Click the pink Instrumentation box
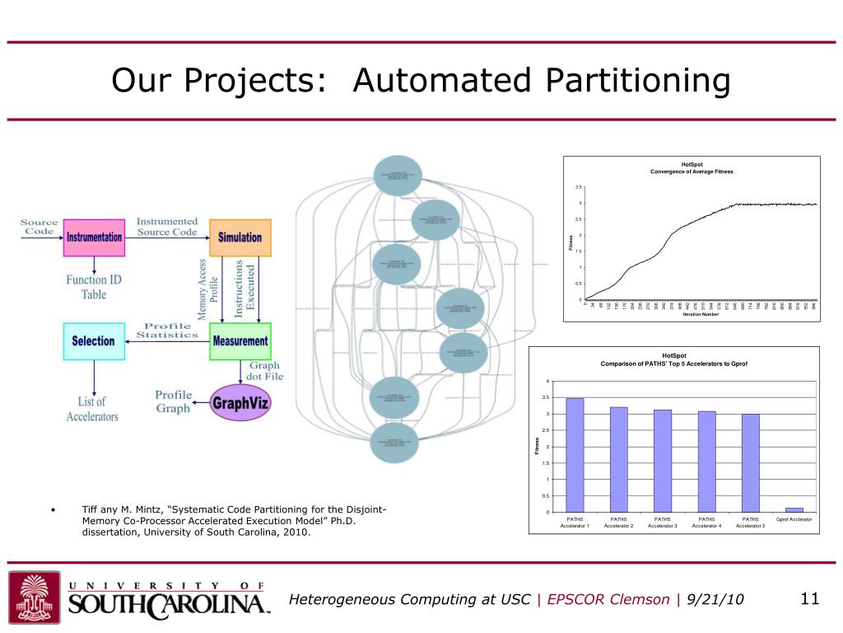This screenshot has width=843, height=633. [x=94, y=237]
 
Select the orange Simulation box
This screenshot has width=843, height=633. [x=240, y=237]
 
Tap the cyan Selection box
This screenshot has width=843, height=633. [x=94, y=340]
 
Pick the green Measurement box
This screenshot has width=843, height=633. [x=240, y=340]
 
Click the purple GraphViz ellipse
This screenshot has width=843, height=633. [x=240, y=404]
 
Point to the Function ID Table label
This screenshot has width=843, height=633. [x=94, y=287]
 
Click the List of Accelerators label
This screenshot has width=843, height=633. [x=92, y=409]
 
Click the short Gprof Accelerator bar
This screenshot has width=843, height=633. [x=794, y=510]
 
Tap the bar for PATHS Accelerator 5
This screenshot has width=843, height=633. [x=750, y=462]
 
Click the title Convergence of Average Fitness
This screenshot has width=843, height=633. [x=692, y=171]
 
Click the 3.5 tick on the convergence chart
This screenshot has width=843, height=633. [x=580, y=187]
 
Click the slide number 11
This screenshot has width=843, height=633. [x=810, y=599]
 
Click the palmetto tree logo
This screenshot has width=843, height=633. [x=35, y=597]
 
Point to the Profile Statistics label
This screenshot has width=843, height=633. [x=167, y=330]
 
